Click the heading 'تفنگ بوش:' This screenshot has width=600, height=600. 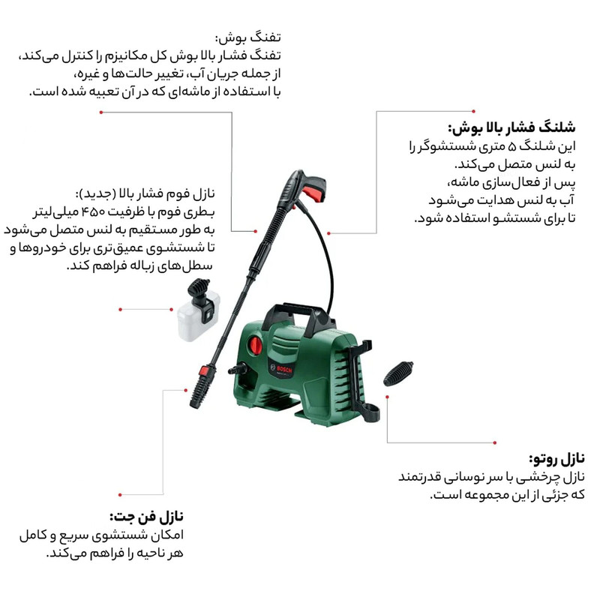248,38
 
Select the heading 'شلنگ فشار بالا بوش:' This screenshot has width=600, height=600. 511,127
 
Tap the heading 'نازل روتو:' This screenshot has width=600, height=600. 556,458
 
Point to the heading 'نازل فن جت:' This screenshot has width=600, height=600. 146,517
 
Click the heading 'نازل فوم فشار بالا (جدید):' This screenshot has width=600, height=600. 145,193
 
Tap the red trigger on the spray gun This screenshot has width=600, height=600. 316,193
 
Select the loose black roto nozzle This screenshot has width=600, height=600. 398,373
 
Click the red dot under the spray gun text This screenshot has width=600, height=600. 101,112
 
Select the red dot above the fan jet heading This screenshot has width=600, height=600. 120,495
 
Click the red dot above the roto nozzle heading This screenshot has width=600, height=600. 495,442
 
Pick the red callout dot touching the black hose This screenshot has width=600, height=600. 328,233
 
